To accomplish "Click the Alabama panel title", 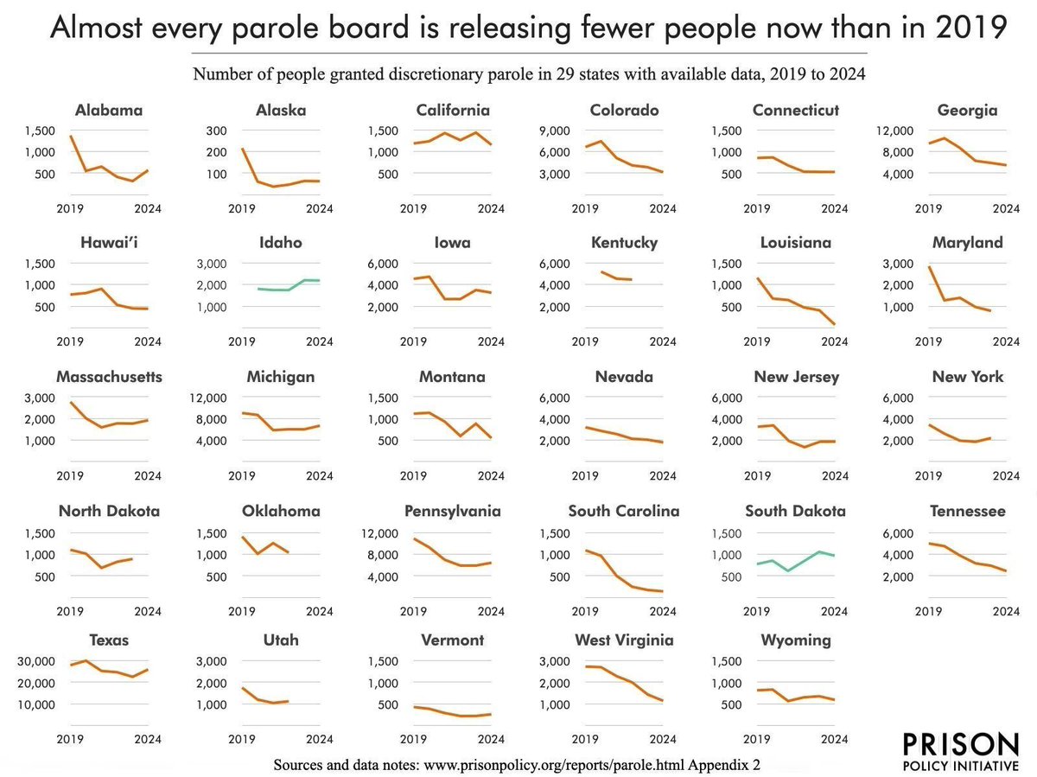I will [109, 110].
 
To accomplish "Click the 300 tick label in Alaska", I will [215, 131].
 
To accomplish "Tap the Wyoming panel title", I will [796, 640].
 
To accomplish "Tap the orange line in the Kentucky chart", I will [615, 277].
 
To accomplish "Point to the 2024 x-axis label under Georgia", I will [1006, 208].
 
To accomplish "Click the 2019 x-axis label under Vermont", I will [414, 739].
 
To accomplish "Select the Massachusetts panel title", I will [109, 377].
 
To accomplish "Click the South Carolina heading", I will [624, 511].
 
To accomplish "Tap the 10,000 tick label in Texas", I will [38, 704].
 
